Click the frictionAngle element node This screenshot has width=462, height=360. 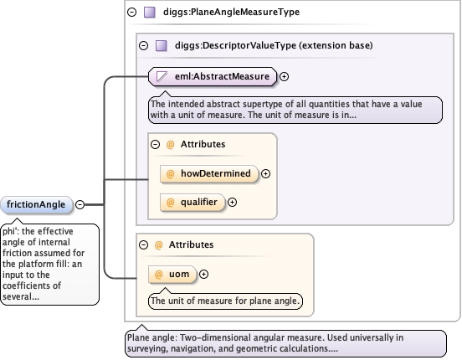37,204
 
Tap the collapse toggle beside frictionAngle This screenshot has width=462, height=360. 80,204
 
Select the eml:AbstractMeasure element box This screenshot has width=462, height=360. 213,77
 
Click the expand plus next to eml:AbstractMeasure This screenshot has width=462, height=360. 284,77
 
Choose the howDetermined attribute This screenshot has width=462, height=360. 209,173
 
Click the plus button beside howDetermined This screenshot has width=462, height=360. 266,174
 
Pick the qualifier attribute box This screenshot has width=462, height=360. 192,203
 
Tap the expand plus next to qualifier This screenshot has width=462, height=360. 232,203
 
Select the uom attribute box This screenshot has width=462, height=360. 172,275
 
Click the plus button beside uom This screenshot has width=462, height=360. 203,275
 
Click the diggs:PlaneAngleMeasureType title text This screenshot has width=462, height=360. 231,12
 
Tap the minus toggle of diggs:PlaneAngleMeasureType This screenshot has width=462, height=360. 131,12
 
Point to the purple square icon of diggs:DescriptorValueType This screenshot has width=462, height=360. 162,46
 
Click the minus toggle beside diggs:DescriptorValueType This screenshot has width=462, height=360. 143,46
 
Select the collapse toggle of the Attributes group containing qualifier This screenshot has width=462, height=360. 156,145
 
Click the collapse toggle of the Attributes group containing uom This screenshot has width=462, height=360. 143,244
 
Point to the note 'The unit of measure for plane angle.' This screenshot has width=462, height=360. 225,301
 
